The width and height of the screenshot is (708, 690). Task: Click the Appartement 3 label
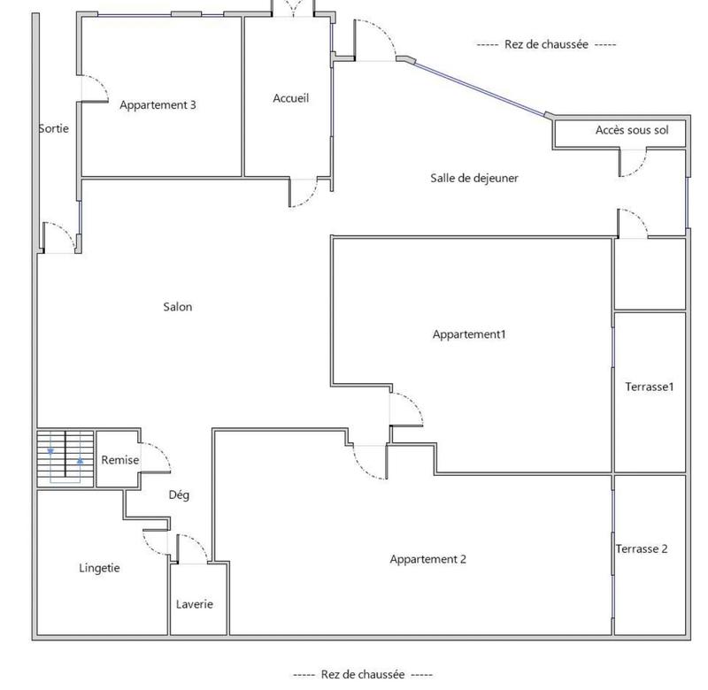[x=158, y=104]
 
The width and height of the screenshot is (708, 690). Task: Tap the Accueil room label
[x=291, y=98]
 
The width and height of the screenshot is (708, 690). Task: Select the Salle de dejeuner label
[x=474, y=178]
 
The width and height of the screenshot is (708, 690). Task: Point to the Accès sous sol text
[x=632, y=130]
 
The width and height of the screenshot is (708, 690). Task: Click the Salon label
[x=177, y=307]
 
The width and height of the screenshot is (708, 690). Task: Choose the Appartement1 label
[x=469, y=334]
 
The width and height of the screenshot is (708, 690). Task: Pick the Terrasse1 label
[x=650, y=387]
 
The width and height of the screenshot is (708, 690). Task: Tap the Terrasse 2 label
[x=642, y=548]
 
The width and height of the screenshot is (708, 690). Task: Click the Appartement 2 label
[x=427, y=559]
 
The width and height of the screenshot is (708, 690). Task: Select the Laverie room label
[x=194, y=604]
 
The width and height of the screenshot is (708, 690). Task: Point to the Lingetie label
[x=99, y=568]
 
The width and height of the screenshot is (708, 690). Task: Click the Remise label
[x=120, y=460]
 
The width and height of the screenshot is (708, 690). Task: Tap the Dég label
[x=179, y=495]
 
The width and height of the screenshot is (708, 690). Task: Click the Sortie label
[x=53, y=128]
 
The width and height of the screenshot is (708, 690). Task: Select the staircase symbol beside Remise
[x=65, y=457]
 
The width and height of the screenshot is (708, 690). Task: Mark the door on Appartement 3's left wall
[x=93, y=88]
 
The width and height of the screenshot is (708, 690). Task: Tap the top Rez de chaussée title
[x=546, y=44]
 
